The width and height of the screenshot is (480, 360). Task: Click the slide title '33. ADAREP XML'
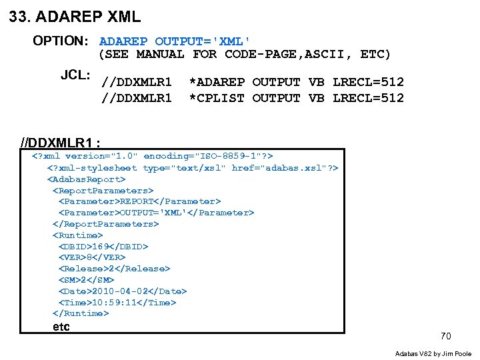[x=75, y=17]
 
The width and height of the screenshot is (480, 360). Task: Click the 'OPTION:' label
[x=61, y=41]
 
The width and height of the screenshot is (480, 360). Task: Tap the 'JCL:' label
[x=75, y=75]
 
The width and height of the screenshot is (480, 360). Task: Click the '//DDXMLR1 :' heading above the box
[x=61, y=143]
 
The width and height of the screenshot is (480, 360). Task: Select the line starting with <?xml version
[x=153, y=156]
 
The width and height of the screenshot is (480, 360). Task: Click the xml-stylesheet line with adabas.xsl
[x=192, y=167]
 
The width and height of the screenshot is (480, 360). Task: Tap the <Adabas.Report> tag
[x=86, y=179]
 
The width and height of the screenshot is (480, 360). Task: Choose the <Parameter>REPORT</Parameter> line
[x=139, y=201]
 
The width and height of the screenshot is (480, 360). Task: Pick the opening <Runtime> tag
[x=78, y=235]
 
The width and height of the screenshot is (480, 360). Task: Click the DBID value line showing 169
[x=103, y=246]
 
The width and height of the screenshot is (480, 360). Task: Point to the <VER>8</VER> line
[x=92, y=257]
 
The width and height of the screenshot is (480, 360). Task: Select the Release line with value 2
[x=114, y=268]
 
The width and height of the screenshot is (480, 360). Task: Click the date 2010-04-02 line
[x=123, y=291]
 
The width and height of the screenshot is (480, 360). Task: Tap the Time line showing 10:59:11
[x=117, y=302]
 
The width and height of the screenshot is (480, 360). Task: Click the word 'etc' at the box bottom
[x=61, y=327]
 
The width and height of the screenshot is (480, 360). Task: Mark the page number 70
[x=445, y=336]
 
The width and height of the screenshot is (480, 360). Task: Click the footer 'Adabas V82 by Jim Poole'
[x=433, y=353]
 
